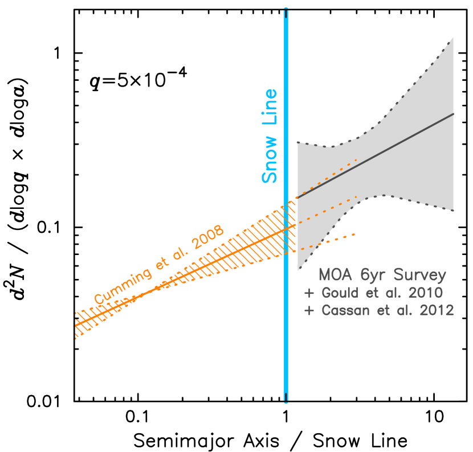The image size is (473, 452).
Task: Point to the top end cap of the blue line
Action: tap(286, 10)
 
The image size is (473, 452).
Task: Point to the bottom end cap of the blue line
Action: tap(286, 401)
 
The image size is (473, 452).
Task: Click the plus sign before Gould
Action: tap(309, 294)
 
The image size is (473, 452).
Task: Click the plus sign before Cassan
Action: tap(309, 311)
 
